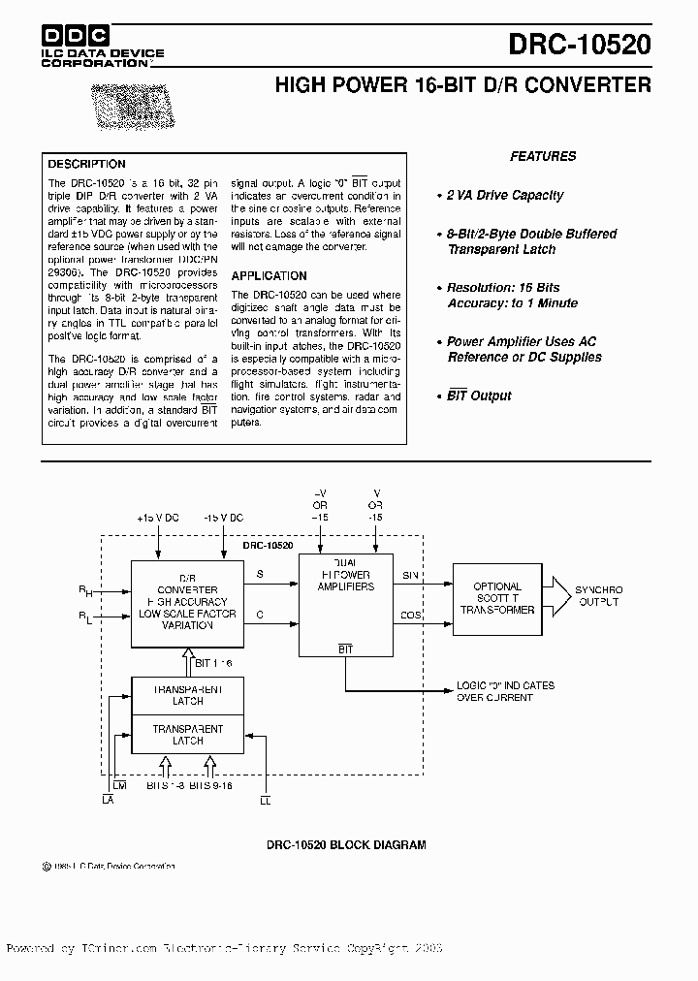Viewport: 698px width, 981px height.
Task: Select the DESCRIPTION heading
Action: click(87, 164)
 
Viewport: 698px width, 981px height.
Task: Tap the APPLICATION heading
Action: click(269, 276)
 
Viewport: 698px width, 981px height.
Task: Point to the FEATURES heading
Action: click(543, 156)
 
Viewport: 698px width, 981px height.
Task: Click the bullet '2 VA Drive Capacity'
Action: click(504, 195)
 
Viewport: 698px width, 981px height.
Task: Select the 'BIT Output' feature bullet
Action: click(479, 396)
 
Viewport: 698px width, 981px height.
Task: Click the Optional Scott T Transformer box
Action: click(496, 598)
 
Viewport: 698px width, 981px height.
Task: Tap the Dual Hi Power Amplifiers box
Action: click(345, 604)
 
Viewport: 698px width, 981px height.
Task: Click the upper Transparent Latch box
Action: click(187, 695)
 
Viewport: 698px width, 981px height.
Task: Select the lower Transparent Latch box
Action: click(187, 734)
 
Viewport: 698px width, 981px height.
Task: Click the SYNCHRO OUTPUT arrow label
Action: click(598, 595)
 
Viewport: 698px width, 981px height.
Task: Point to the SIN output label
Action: click(410, 575)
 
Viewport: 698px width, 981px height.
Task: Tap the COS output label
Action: click(410, 616)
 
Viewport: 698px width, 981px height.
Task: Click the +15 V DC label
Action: click(158, 519)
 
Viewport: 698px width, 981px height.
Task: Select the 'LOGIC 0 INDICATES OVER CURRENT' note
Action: click(505, 691)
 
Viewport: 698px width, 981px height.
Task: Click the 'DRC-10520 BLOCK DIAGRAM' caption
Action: click(346, 845)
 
